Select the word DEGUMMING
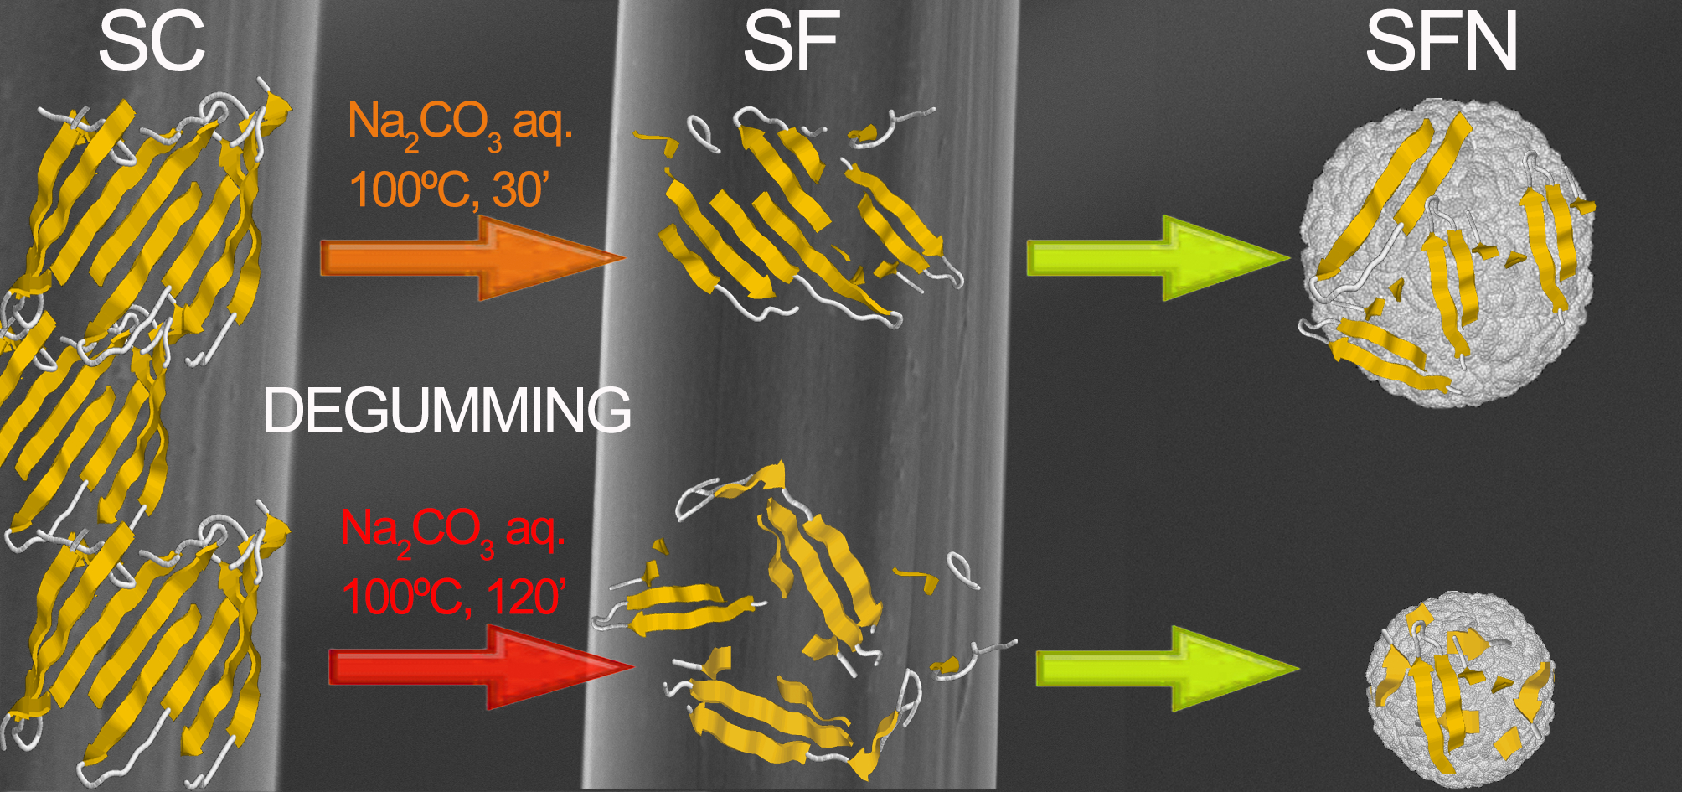point(446,411)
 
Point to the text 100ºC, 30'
point(447,189)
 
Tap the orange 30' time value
point(519,189)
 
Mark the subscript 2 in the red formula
point(405,551)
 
